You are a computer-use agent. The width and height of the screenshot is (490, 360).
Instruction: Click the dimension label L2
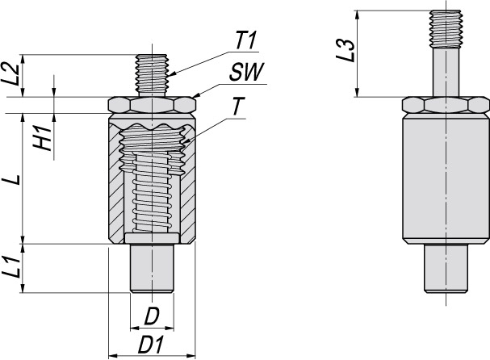pos(11,74)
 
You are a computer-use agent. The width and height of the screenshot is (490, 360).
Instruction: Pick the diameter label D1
pos(151,343)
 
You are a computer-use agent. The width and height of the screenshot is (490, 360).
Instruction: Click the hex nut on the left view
pos(152,105)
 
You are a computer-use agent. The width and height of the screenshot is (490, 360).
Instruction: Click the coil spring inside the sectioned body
pos(152,194)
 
